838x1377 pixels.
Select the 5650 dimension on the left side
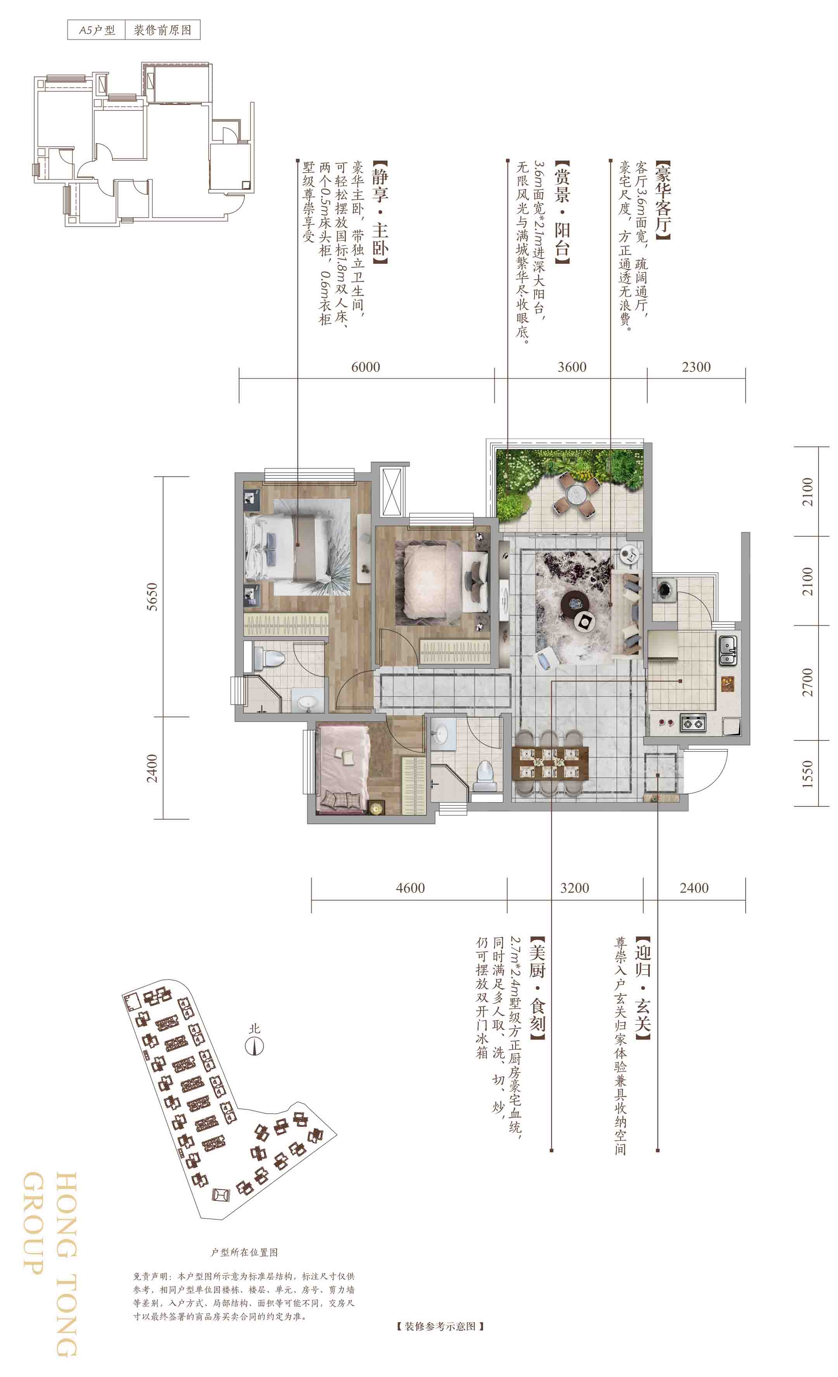click(x=152, y=597)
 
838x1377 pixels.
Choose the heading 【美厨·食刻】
click(x=537, y=989)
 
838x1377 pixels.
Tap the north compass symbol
click(x=255, y=1046)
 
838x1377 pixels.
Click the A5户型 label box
click(x=96, y=29)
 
